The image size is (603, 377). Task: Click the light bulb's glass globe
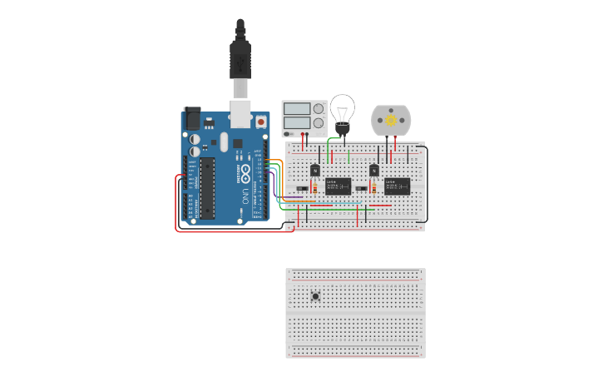342,108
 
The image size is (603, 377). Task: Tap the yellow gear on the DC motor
390,121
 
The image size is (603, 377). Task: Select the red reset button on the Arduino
261,122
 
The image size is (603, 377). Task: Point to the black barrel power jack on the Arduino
191,119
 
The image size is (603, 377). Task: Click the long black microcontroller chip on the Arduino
207,188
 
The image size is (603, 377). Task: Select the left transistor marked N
314,171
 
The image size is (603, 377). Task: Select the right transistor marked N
373,171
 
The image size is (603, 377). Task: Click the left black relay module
338,186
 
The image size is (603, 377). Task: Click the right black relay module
397,186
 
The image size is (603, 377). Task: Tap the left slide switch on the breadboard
301,189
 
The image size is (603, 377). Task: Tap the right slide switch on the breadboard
360,189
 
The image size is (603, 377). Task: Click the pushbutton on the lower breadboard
315,296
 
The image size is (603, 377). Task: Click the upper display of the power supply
295,108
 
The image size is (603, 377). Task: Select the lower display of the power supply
295,122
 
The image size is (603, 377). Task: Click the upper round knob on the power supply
318,108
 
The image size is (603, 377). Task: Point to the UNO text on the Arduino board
245,196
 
